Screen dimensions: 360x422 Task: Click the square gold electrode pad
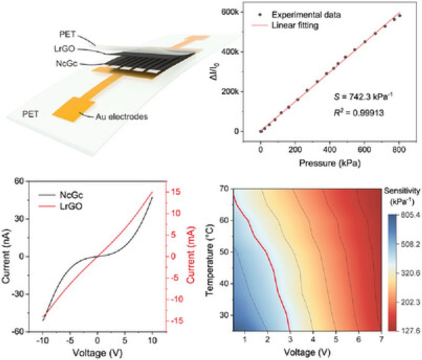[x=68, y=109]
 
